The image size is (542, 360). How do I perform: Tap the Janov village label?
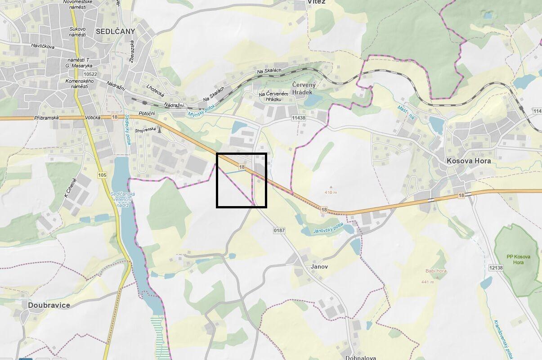click(x=319, y=266)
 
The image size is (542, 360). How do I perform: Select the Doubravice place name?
click(x=49, y=305)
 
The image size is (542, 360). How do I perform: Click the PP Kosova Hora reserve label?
click(x=519, y=259)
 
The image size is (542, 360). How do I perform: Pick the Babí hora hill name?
click(x=436, y=271)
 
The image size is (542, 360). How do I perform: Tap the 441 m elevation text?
click(x=428, y=282)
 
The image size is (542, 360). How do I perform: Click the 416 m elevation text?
click(x=331, y=193)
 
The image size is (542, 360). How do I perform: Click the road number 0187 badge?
click(x=279, y=230)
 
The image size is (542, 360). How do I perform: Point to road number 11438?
click(x=298, y=118)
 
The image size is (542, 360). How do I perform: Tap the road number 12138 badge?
click(x=495, y=267)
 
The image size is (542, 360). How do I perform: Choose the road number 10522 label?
click(x=90, y=74)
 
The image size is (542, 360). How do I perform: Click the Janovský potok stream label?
click(x=328, y=229)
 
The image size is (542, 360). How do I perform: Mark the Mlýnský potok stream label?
click(x=202, y=112)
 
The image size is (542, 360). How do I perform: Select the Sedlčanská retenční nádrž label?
click(x=120, y=199)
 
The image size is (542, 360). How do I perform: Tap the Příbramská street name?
click(x=46, y=117)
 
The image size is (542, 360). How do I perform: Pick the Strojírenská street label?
click(x=146, y=130)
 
